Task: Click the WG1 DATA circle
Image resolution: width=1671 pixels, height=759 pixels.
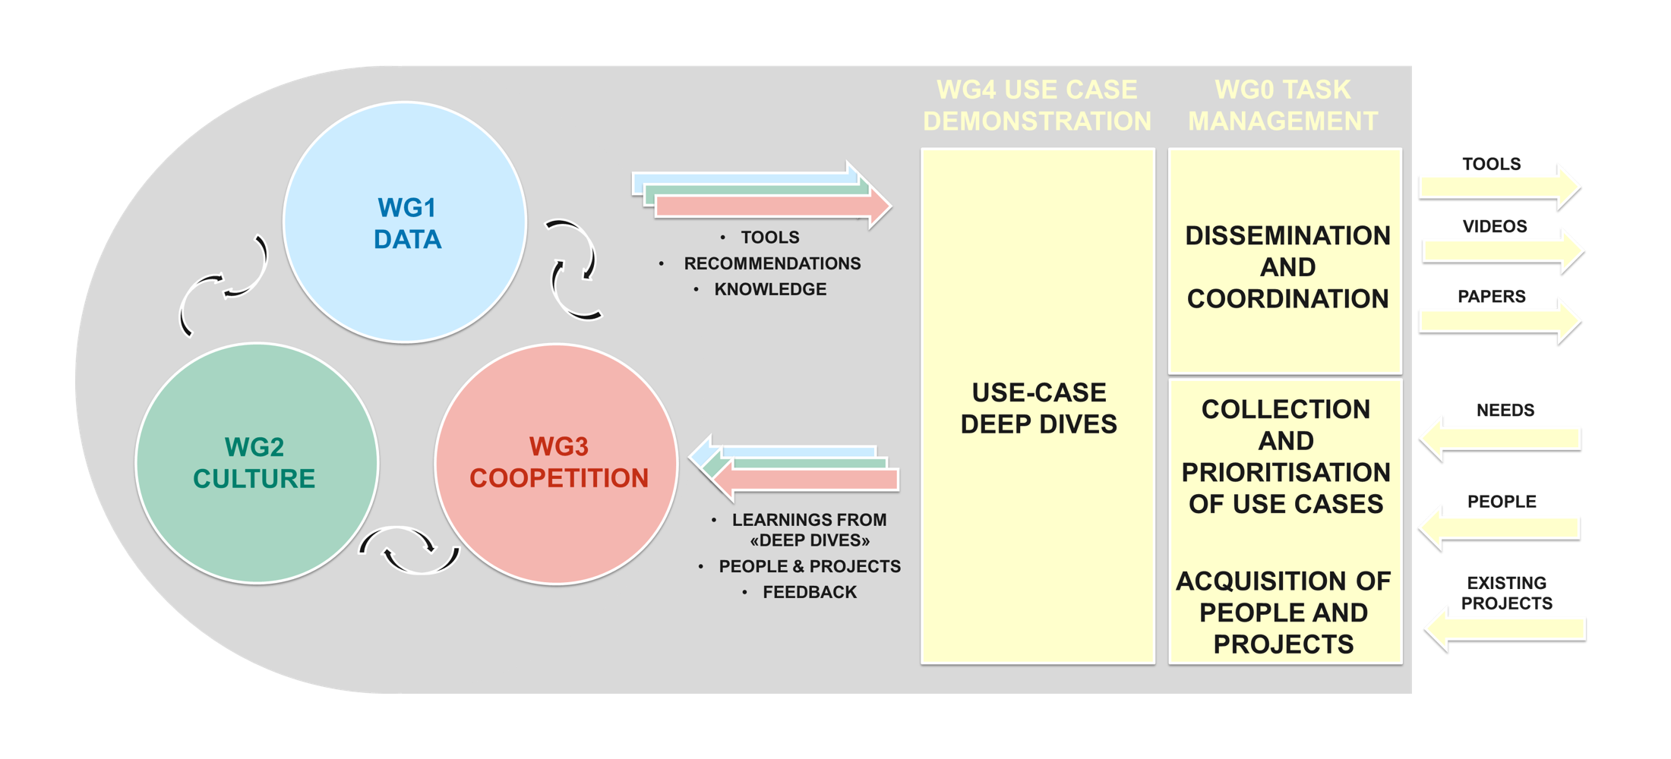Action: click(405, 222)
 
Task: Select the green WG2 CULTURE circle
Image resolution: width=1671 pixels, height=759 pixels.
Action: click(257, 463)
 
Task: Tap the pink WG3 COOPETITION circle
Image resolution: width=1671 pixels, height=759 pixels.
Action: click(557, 464)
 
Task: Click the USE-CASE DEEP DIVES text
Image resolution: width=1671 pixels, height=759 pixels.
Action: click(1038, 408)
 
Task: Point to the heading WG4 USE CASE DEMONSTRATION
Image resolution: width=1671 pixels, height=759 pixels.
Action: click(1037, 106)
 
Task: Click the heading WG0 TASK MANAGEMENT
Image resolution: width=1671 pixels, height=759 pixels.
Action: click(1283, 106)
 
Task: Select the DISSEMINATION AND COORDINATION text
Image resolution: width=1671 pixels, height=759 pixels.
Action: click(1287, 267)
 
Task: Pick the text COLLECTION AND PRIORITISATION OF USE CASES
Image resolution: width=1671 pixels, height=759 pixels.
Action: click(1286, 456)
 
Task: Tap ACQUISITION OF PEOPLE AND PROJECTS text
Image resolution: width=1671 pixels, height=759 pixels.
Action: click(1284, 613)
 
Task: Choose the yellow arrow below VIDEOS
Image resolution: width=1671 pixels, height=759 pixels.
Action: click(1502, 250)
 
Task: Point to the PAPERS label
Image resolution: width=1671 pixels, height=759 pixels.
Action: click(1492, 297)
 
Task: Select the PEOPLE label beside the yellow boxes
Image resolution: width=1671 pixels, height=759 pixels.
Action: click(1502, 502)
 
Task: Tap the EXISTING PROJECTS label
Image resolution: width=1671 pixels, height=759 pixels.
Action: click(1507, 594)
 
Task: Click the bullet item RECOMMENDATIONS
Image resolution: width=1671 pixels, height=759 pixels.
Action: click(772, 263)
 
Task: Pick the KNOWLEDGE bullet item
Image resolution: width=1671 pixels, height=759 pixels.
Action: click(770, 289)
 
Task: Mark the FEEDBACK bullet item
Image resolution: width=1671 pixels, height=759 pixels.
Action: click(810, 592)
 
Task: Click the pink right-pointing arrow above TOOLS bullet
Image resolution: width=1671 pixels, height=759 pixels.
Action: click(773, 206)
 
